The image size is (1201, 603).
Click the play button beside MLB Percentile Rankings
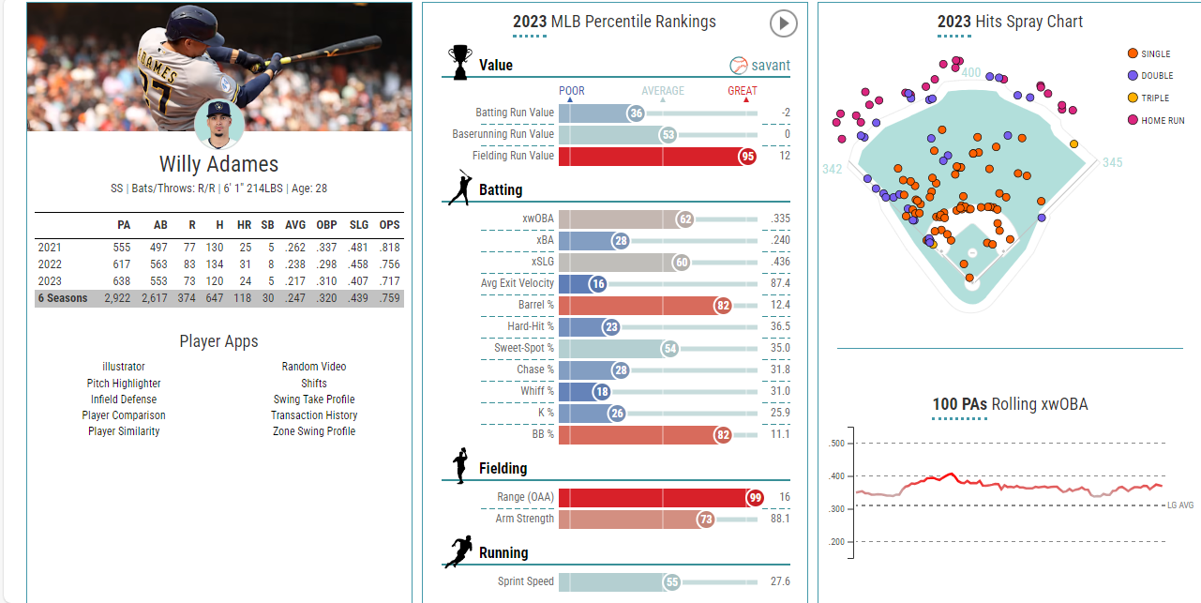[782, 23]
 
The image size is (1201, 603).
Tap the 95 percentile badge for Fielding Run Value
[747, 156]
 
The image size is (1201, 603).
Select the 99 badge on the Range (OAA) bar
[754, 497]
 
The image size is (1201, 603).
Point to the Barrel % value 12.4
[779, 305]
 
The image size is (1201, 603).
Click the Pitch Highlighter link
[124, 384]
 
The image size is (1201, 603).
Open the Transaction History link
[314, 415]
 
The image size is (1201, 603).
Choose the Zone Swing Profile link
[314, 431]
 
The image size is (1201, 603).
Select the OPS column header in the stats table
[389, 225]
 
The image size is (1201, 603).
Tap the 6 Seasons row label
[63, 298]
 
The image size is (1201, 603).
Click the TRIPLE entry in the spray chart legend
[1155, 98]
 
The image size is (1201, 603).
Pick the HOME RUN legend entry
[1162, 120]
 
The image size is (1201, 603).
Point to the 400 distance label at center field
[971, 73]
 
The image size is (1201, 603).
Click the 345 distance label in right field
[1112, 162]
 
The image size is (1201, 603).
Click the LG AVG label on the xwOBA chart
[1180, 505]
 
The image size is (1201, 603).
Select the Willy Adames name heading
[218, 164]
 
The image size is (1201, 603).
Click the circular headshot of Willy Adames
[218, 125]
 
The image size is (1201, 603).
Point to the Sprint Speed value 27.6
[779, 581]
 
